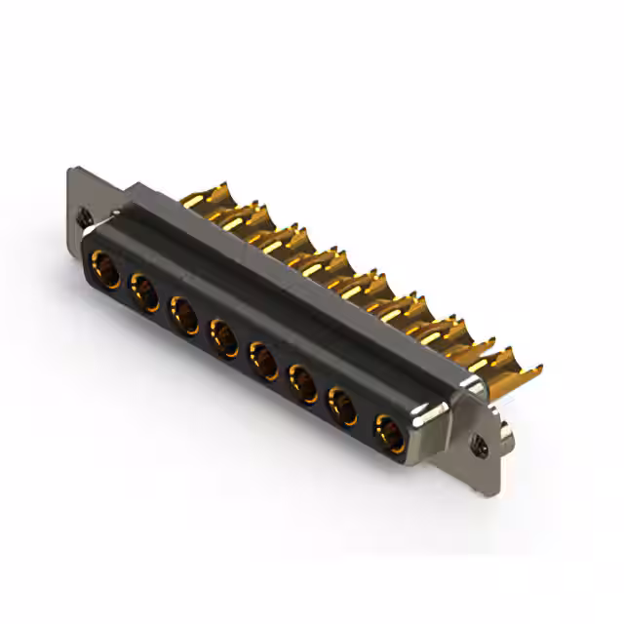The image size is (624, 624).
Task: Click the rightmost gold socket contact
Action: pyautogui.click(x=389, y=430)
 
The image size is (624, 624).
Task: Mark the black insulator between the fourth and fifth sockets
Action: pyautogui.click(x=244, y=351)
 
